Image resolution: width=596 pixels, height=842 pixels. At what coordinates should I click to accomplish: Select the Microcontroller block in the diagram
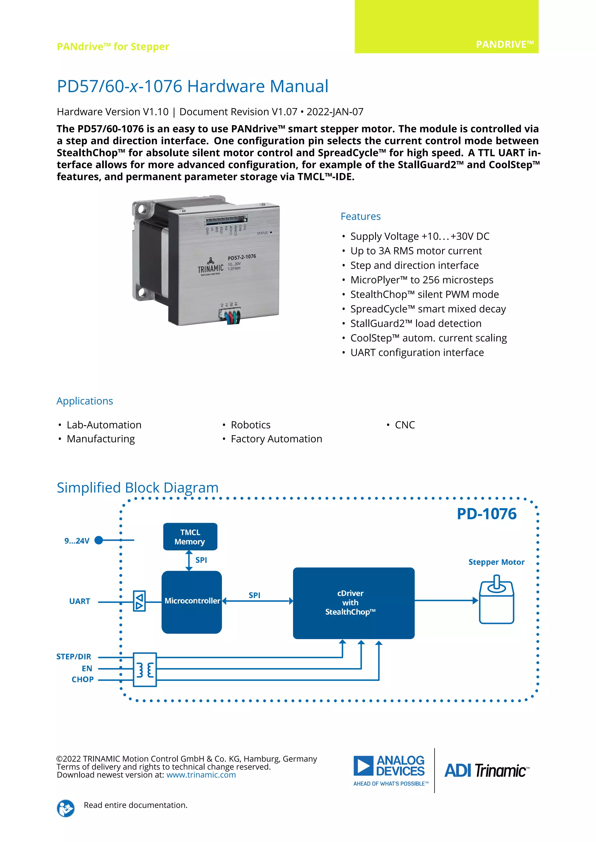191,602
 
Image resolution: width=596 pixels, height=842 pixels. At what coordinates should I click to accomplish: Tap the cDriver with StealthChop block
353,603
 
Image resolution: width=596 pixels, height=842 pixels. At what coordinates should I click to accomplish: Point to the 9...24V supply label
77,541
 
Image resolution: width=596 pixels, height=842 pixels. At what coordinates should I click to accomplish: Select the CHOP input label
83,679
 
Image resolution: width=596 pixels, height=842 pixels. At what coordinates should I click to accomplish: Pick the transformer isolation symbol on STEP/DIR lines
145,670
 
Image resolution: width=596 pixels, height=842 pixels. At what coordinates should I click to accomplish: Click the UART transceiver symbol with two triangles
139,601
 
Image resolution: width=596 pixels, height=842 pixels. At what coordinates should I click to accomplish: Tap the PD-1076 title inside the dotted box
486,514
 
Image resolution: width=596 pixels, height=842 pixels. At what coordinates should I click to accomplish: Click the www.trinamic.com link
201,775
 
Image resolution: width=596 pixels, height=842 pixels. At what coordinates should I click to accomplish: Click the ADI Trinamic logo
487,770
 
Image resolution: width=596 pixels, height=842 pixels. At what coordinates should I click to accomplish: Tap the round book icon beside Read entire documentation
66,808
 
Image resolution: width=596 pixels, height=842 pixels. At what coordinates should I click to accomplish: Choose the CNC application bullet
405,425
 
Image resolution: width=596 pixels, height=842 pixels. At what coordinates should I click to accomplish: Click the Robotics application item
250,425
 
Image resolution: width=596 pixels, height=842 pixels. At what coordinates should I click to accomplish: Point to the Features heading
360,216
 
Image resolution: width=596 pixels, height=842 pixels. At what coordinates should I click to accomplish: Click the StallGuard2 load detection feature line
416,323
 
